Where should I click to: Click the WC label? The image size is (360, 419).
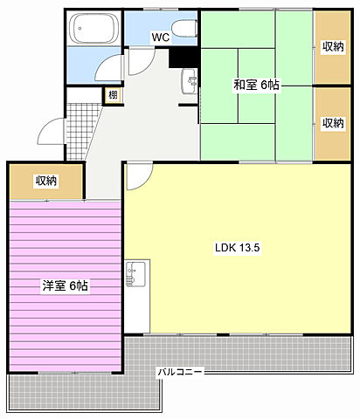point(160,37)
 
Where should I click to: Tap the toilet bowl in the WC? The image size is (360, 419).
point(184,29)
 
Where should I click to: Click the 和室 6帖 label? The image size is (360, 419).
point(257,85)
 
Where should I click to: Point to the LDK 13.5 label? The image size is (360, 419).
point(238,248)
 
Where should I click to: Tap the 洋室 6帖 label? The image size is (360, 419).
point(66,285)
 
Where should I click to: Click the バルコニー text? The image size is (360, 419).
point(180,372)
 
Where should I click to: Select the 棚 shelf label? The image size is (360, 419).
point(114,95)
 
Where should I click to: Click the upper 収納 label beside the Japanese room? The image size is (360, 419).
point(333,46)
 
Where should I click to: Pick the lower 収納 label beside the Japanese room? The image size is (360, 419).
point(333,123)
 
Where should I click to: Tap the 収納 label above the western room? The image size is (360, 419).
point(46,181)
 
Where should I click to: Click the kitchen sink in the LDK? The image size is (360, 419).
point(135,274)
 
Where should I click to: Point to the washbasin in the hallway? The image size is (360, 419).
point(190,81)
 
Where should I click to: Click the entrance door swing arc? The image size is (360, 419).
point(47,128)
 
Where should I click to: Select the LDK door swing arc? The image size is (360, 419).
point(143,182)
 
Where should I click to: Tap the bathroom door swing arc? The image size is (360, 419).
point(105,63)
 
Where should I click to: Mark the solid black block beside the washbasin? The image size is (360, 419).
point(183,58)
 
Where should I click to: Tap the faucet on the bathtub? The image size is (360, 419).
point(80,29)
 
